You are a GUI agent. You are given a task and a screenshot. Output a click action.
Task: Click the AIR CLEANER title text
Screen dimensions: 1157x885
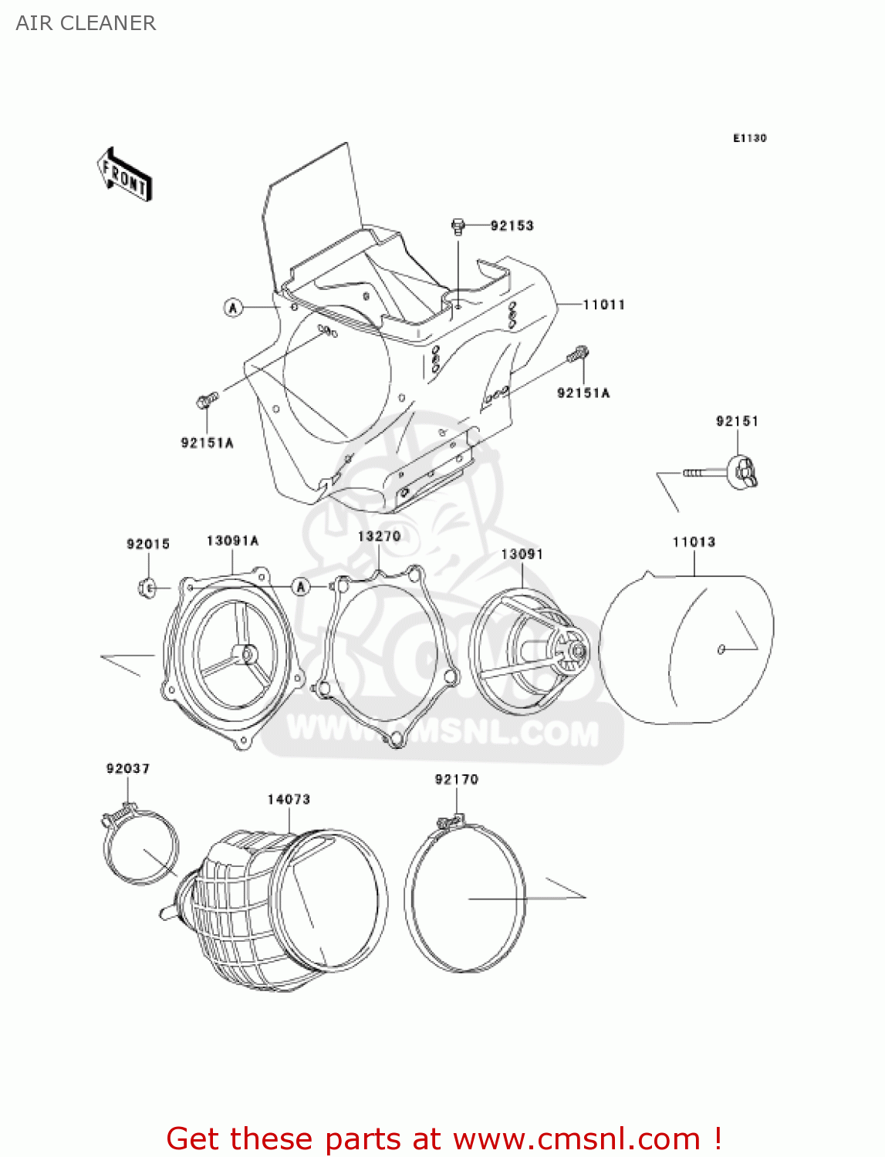click(86, 23)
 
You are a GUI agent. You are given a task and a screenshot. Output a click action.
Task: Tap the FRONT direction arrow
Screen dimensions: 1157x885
click(124, 175)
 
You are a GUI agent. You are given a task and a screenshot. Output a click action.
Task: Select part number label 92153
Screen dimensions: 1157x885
click(512, 225)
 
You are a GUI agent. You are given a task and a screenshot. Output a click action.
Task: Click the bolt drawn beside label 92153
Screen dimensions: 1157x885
click(458, 226)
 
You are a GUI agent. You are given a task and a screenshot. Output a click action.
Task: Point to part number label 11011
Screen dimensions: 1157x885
click(603, 305)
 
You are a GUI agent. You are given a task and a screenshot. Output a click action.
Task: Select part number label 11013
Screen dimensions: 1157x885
click(694, 542)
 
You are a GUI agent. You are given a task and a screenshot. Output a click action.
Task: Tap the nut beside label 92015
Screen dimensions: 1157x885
click(147, 588)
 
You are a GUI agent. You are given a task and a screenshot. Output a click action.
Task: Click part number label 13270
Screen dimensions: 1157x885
click(379, 536)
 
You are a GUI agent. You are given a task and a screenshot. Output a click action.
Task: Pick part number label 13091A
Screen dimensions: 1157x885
click(232, 541)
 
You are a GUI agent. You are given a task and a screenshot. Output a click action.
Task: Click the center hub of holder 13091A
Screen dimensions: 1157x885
click(248, 653)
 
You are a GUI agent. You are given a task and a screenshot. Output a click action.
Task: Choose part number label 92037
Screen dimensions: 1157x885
click(128, 768)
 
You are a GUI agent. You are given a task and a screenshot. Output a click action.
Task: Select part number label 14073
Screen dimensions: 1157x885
click(289, 799)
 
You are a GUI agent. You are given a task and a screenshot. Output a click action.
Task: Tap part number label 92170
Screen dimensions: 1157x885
click(456, 779)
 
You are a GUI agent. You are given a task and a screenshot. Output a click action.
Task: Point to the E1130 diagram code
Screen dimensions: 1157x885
click(749, 138)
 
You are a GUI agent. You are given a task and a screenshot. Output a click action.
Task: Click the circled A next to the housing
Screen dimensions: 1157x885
click(233, 308)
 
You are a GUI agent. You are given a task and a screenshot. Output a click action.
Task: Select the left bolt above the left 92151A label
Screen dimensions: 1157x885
click(207, 401)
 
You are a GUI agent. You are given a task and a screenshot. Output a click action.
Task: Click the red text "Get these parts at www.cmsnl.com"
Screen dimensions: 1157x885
click(444, 1138)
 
